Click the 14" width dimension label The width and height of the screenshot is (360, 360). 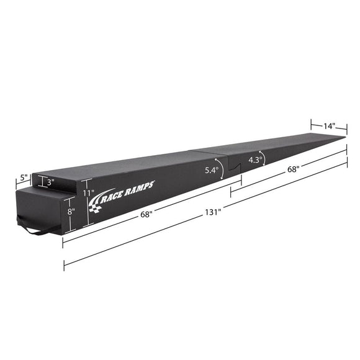point(328,126)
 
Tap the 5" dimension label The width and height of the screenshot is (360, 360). point(23,178)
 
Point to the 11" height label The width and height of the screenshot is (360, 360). point(89,192)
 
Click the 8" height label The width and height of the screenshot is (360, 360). point(71,211)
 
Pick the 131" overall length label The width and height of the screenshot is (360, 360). point(214,212)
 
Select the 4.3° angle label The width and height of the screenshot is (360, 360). point(255,159)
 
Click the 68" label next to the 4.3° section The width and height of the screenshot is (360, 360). point(293,169)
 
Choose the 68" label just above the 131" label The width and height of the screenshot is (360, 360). point(147,215)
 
